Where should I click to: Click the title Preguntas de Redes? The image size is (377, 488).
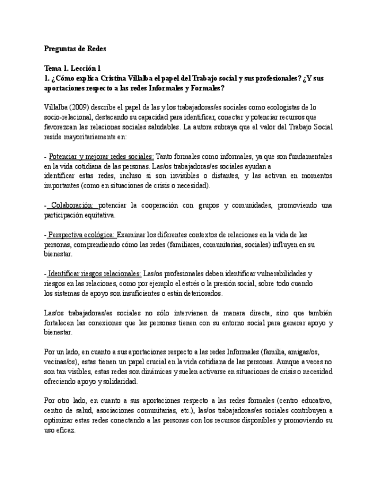pos(75,49)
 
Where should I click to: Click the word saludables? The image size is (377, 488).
pos(158,127)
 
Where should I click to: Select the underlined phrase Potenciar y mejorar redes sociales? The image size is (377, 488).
pos(101,157)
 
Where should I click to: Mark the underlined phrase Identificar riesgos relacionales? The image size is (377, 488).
pos(94,273)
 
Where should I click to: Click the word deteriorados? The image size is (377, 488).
pos(201,293)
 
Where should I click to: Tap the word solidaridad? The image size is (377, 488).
pos(118,381)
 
